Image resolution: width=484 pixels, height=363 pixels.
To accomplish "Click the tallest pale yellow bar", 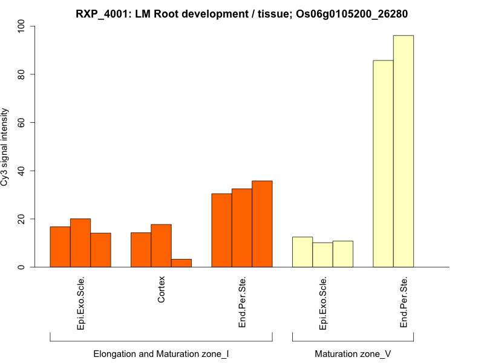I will pyautogui.click(x=403, y=151).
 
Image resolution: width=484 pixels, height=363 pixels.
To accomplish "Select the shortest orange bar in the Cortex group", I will pyautogui.click(x=181, y=263).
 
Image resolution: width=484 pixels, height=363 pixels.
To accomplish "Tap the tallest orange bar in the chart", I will pyautogui.click(x=262, y=224).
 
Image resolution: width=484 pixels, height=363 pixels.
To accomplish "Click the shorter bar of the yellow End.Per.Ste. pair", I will pyautogui.click(x=383, y=163).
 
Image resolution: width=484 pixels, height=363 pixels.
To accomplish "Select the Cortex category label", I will pyautogui.click(x=161, y=290).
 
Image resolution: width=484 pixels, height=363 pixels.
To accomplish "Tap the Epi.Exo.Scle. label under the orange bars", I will pyautogui.click(x=80, y=302).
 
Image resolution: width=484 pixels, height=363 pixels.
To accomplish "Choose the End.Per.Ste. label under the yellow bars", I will pyautogui.click(x=404, y=302).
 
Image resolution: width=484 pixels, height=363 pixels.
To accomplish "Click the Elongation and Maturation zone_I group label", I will pyautogui.click(x=161, y=353).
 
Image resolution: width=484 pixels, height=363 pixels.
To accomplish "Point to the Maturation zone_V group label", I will pyautogui.click(x=353, y=353).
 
